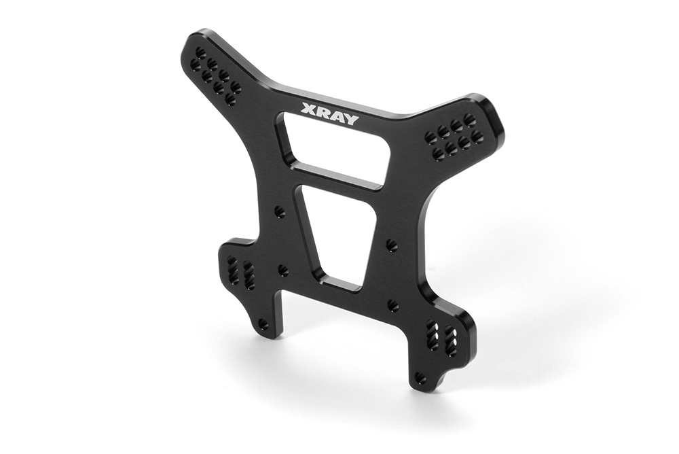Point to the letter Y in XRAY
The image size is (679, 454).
point(351,120)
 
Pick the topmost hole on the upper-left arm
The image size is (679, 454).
point(200,53)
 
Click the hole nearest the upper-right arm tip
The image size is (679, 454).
point(468,118)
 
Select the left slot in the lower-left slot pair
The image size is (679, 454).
point(232,268)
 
